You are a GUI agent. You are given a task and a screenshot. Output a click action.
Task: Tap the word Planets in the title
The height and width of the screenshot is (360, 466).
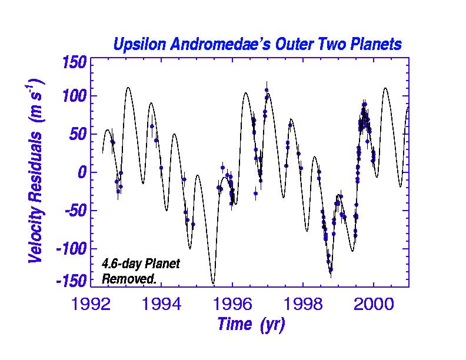(x=373, y=45)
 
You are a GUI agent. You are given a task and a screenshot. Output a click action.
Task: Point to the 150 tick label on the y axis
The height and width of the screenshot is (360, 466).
(x=72, y=62)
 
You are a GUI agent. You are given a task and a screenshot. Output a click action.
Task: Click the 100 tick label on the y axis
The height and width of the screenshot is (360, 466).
(x=72, y=96)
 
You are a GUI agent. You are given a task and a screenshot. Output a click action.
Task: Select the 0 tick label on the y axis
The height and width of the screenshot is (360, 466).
(x=82, y=172)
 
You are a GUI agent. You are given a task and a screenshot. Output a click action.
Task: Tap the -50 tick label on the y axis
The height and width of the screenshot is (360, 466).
(x=72, y=211)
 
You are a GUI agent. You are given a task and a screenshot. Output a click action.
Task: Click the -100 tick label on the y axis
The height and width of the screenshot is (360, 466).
(x=68, y=248)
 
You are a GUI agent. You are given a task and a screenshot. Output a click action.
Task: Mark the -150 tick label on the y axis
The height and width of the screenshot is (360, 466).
(x=68, y=281)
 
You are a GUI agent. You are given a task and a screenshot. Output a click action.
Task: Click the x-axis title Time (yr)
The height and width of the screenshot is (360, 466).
(x=251, y=324)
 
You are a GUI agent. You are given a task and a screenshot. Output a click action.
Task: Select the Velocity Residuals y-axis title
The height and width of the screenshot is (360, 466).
(x=36, y=171)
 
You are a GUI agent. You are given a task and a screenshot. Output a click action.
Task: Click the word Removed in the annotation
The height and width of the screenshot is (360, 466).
(x=129, y=279)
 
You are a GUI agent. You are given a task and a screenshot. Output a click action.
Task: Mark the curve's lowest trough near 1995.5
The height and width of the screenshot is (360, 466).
(x=213, y=283)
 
